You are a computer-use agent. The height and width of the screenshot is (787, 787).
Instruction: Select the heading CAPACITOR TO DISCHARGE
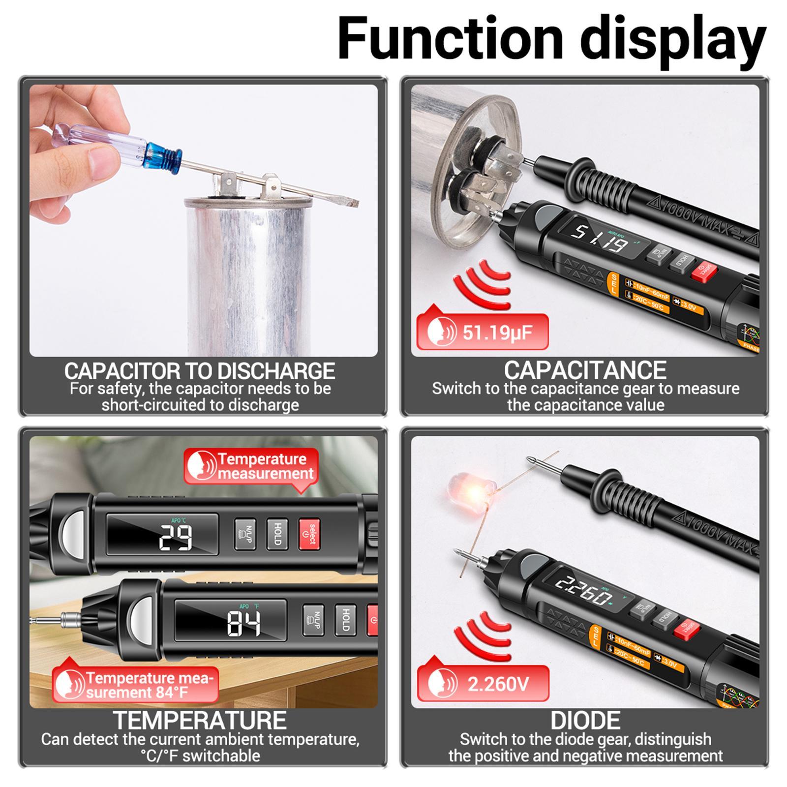[200, 371]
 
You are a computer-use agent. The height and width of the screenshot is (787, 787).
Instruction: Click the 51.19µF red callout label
[482, 333]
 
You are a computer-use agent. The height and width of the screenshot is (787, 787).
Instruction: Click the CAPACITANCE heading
[585, 370]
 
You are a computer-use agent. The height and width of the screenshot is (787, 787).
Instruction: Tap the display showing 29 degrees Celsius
[163, 536]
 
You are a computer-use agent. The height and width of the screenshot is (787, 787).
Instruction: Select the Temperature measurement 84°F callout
[136, 685]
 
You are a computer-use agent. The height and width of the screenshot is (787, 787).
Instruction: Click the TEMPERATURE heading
[200, 721]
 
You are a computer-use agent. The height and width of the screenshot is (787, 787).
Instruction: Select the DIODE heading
[585, 721]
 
